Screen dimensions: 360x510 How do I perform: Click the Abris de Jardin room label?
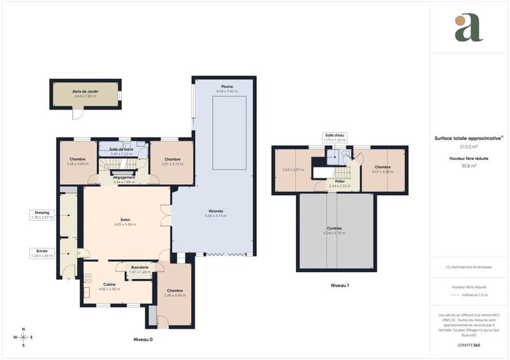coord(85,92)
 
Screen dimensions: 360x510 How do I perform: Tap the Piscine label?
coord(226,87)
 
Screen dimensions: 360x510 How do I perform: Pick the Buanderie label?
coord(140,267)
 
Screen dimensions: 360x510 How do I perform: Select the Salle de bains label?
coord(121,150)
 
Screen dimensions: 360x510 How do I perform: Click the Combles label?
coord(335,228)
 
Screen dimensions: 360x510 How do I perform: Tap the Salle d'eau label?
coord(334,135)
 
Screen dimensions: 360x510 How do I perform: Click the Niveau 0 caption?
coord(143,340)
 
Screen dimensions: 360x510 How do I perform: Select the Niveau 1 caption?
coord(340,285)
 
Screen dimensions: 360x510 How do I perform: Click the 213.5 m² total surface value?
coord(469,147)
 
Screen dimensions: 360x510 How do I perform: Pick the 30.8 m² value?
coord(469,166)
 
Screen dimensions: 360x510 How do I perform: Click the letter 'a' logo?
coord(469,28)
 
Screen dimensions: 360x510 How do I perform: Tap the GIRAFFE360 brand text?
coord(469,344)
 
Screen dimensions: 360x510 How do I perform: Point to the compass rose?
coord(24,337)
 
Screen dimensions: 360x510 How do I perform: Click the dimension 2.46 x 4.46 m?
coord(175,295)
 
